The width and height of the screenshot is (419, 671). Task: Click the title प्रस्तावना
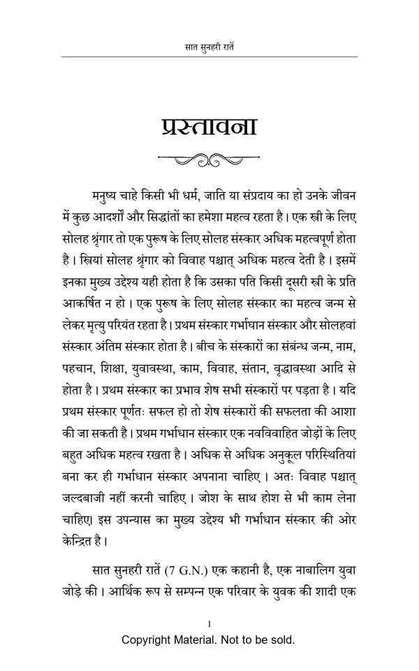[209, 127]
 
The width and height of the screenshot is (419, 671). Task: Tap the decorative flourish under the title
[209, 159]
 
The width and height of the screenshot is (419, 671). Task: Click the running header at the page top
[209, 48]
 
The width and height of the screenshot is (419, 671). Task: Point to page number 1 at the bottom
[209, 623]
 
